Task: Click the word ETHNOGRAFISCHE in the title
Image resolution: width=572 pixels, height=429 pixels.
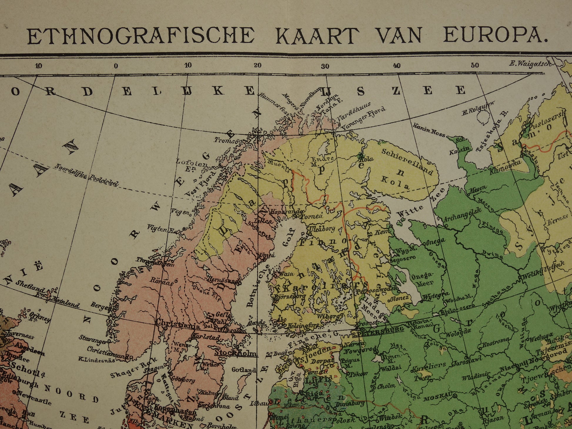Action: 141,36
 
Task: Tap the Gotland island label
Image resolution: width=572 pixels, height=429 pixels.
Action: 243,370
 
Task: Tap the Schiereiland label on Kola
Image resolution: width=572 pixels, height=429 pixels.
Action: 407,161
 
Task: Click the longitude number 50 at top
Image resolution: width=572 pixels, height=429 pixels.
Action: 475,66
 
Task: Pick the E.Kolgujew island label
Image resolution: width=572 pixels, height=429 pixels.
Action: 478,108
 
